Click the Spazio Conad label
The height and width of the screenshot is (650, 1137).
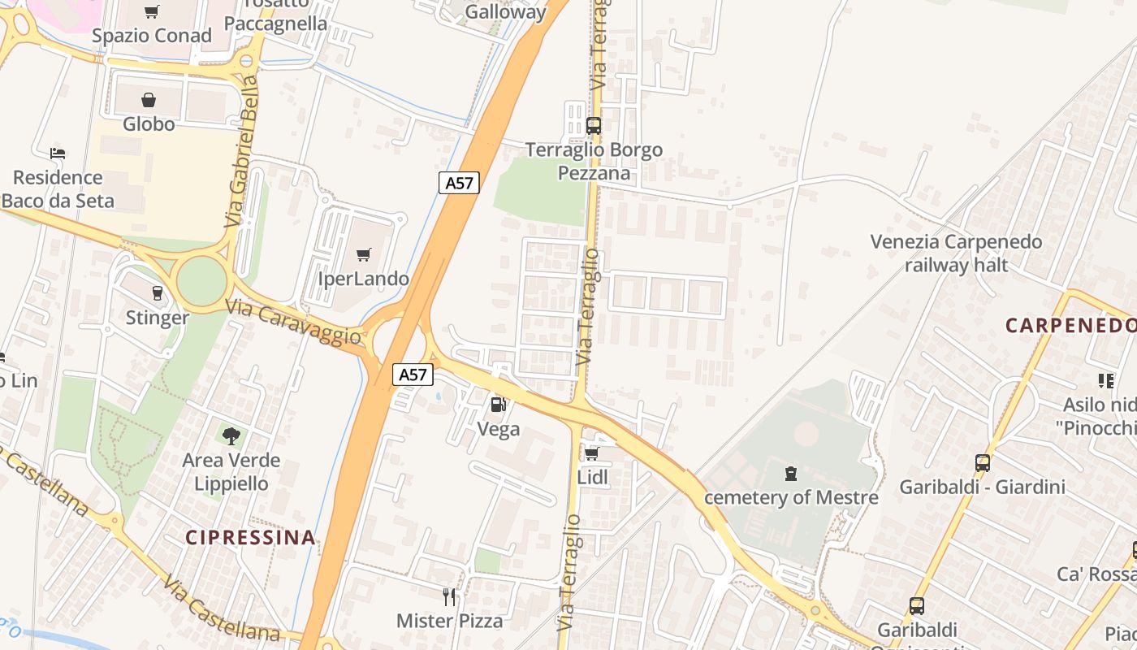tap(151, 36)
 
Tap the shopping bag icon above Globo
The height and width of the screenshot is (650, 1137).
tap(149, 100)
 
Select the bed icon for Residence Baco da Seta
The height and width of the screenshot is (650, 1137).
tap(57, 153)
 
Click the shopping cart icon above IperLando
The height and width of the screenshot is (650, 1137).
tap(363, 255)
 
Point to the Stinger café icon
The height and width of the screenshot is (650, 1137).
tap(157, 292)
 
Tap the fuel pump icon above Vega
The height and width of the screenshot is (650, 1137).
tap(498, 404)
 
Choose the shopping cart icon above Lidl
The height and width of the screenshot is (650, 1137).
tap(592, 453)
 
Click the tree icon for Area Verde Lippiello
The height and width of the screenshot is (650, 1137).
tap(231, 435)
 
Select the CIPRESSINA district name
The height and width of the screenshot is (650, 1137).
tap(250, 537)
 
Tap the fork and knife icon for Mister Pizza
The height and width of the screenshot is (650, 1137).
tap(449, 597)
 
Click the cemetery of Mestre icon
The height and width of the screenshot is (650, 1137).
tap(791, 473)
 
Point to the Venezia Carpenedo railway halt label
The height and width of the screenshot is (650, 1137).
tap(956, 253)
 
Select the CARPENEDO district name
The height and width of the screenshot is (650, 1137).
tap(1070, 326)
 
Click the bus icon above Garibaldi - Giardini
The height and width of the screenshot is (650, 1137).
tap(982, 463)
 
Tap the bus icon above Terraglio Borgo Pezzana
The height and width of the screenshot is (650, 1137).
tap(594, 126)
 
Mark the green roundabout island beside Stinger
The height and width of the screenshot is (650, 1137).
tap(201, 280)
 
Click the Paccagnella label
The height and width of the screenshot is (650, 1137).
tap(275, 24)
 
